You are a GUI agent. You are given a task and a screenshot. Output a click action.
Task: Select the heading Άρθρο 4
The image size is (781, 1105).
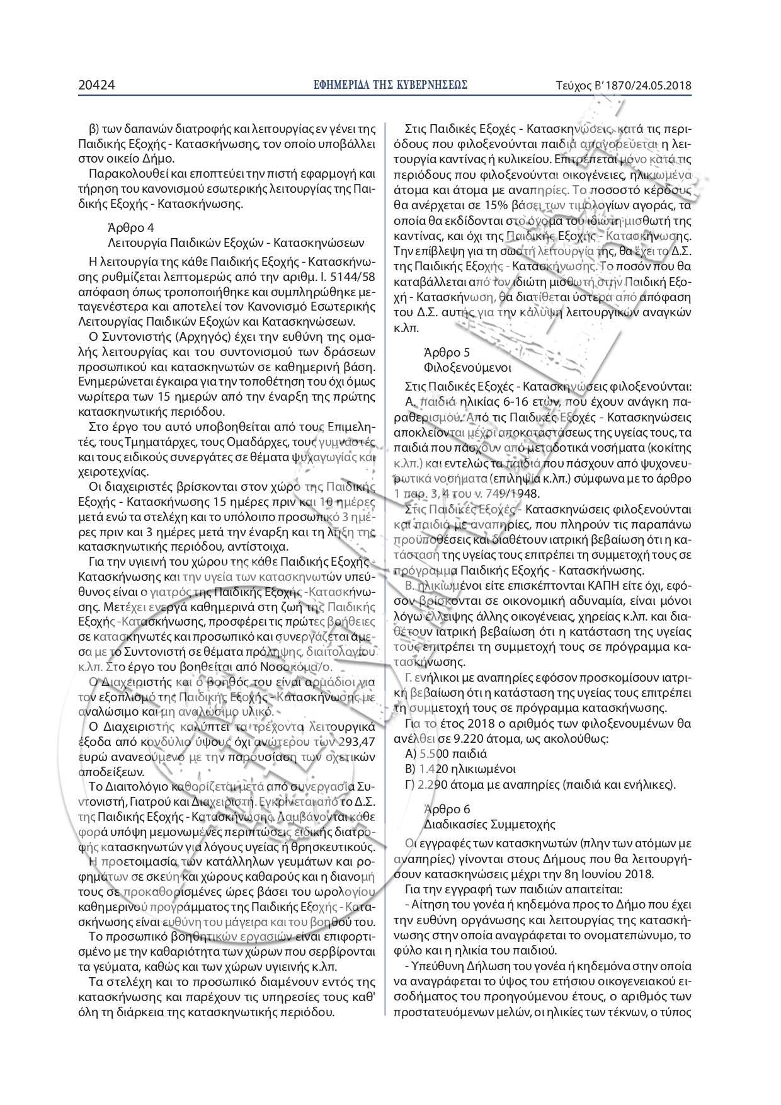[x=131, y=227]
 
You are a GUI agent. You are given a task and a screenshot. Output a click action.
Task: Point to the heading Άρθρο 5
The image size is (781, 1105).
[x=447, y=352]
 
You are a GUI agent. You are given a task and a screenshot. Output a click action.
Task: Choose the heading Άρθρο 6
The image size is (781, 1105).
[x=447, y=809]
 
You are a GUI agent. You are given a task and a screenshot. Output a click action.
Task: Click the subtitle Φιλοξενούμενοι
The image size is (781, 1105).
[x=467, y=367]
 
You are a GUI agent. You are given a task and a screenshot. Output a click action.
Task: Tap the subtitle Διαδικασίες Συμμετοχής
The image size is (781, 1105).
[x=489, y=824]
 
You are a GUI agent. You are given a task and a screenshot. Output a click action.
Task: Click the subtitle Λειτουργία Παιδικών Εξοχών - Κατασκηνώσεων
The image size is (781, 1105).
[x=236, y=243]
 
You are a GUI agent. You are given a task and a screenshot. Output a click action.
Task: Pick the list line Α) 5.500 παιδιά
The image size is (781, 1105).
[x=447, y=753]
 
